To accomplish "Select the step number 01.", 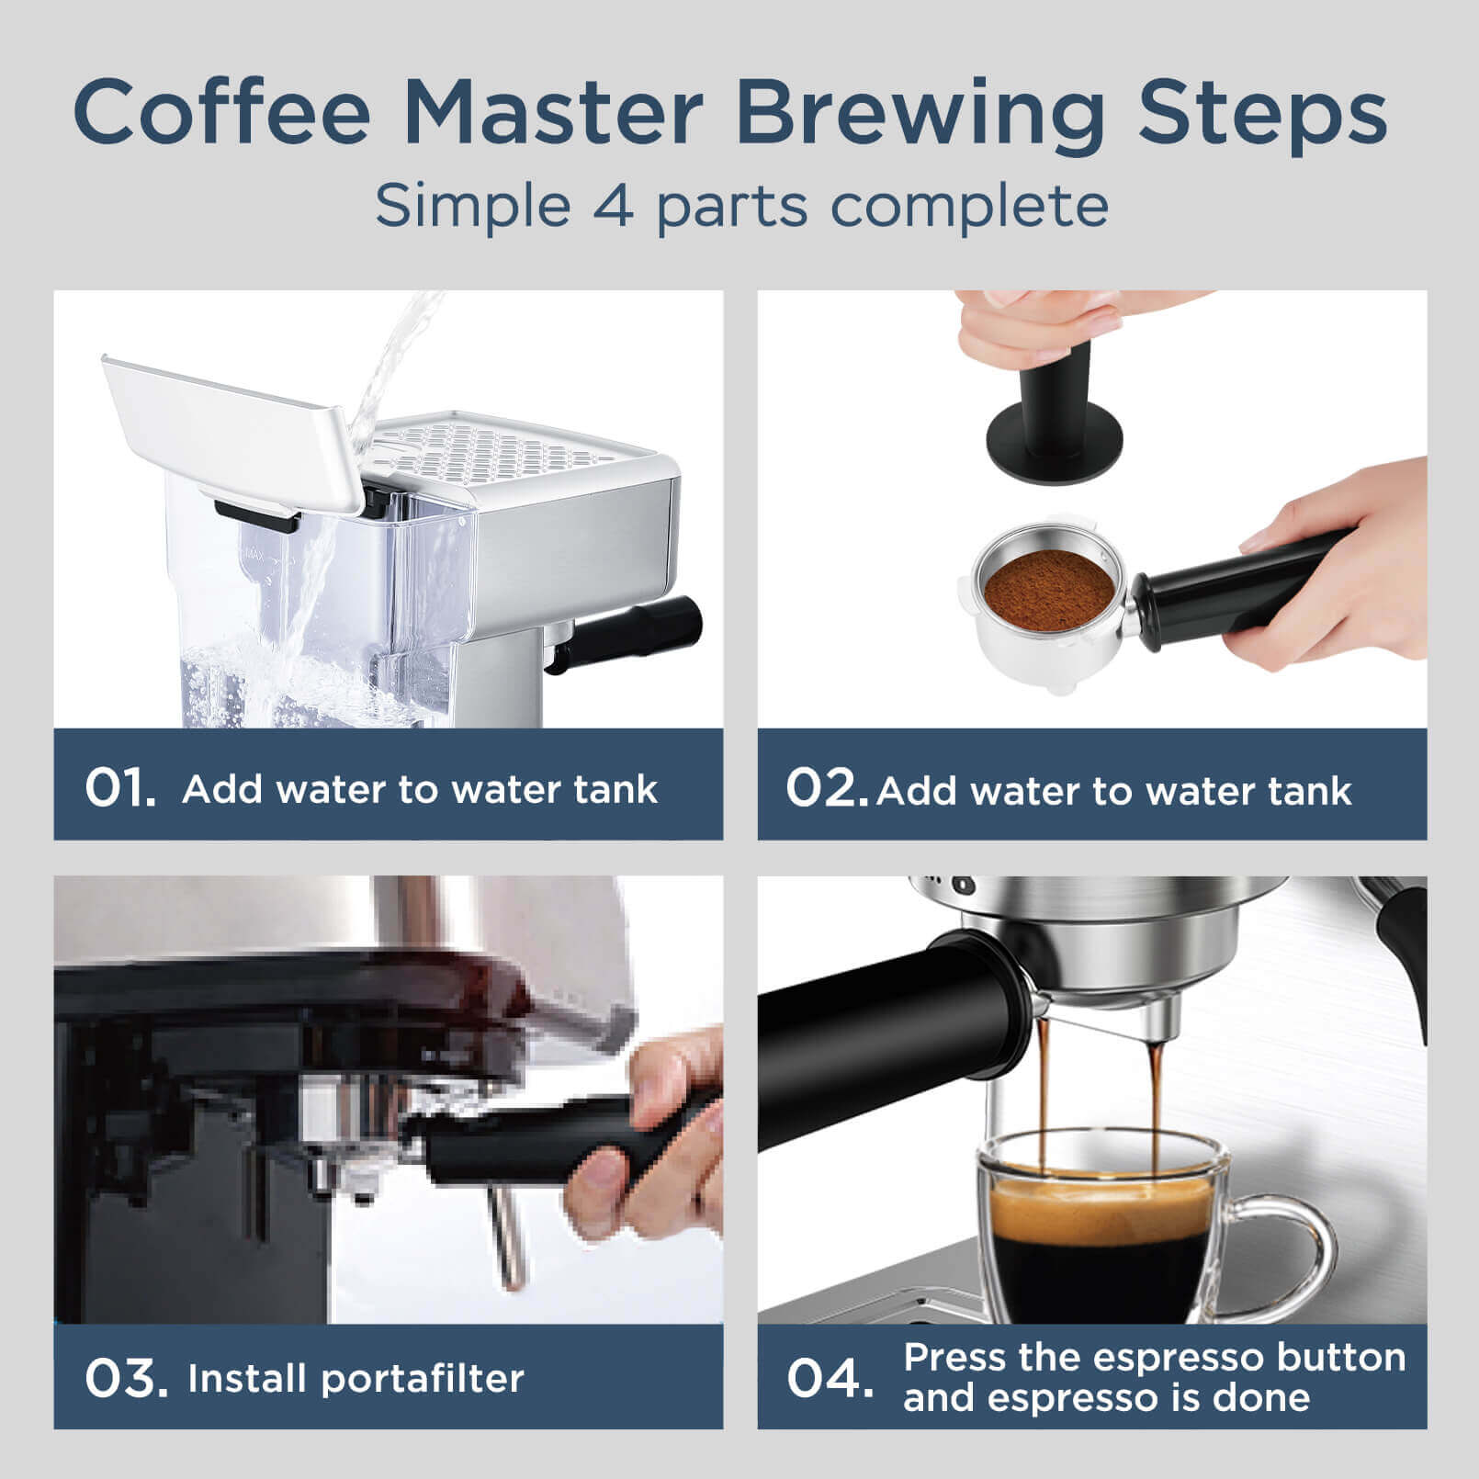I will tap(119, 788).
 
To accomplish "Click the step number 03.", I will tap(125, 1378).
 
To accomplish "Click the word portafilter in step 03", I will tap(423, 1378).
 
